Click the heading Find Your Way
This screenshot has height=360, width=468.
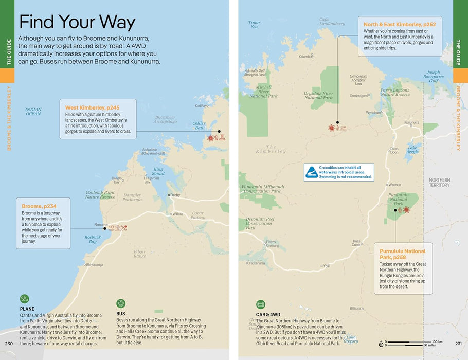click(x=77, y=22)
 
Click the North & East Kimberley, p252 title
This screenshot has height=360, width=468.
click(x=400, y=24)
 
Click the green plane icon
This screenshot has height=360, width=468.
click(x=25, y=299)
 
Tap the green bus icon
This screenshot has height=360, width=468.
click(x=121, y=303)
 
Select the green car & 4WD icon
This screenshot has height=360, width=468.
click(x=260, y=304)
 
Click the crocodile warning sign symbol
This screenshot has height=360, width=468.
click(x=312, y=172)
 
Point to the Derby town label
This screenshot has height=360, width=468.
click(x=175, y=195)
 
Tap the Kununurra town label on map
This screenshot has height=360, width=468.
click(x=411, y=122)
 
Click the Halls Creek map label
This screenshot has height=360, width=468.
click(x=356, y=242)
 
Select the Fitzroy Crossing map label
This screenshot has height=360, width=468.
click(x=272, y=244)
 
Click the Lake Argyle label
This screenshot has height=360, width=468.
click(x=413, y=150)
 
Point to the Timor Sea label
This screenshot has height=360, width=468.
click(x=254, y=24)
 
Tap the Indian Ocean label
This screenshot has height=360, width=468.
click(x=33, y=111)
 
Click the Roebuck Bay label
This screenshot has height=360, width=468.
click(x=93, y=239)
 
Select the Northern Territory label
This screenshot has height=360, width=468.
click(x=439, y=182)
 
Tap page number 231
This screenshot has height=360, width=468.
click(x=459, y=344)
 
